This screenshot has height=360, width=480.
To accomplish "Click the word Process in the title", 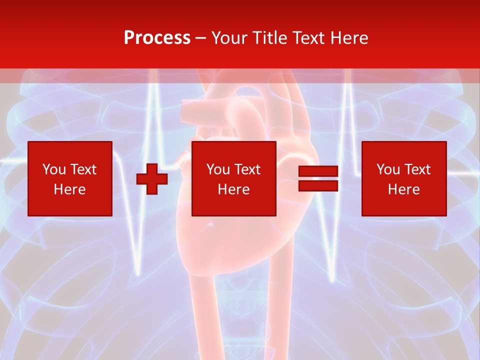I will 157,38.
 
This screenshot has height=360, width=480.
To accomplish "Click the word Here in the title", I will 348,38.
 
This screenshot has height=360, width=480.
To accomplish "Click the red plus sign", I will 152,179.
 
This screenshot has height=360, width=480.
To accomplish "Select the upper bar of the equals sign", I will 318,171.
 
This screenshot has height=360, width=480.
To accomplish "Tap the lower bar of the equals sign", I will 318,186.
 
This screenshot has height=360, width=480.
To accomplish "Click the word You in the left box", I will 53,169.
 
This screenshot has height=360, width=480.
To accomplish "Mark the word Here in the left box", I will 69,189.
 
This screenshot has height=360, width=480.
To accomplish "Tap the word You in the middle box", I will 217,169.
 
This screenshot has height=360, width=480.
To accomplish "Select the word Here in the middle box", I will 233,189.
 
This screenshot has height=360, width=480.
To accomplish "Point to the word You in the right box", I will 387,169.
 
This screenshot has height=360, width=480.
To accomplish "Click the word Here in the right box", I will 403,189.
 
